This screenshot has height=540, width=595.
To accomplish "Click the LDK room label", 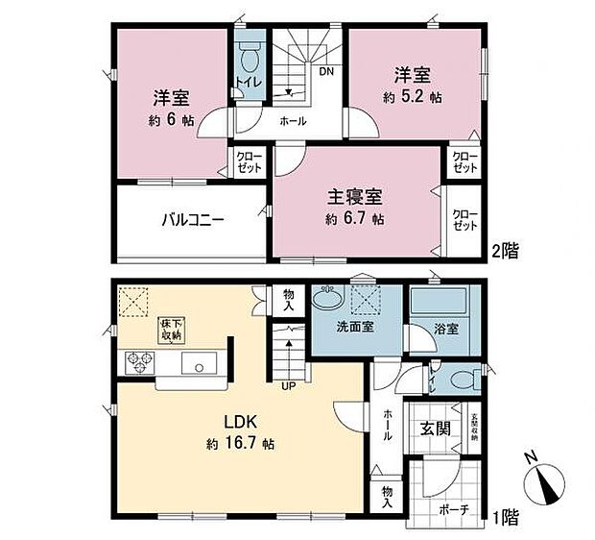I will click(239, 422).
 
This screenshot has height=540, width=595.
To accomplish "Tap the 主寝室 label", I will click(355, 198).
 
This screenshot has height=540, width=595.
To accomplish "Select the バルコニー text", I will click(192, 218).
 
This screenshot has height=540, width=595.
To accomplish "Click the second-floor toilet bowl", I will click(250, 60).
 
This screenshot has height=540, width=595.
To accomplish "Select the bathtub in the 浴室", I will click(436, 308).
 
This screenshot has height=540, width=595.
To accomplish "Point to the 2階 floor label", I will click(507, 252).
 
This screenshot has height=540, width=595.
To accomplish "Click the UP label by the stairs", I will click(286, 387).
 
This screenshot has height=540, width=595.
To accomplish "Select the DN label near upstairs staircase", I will click(326, 71).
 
